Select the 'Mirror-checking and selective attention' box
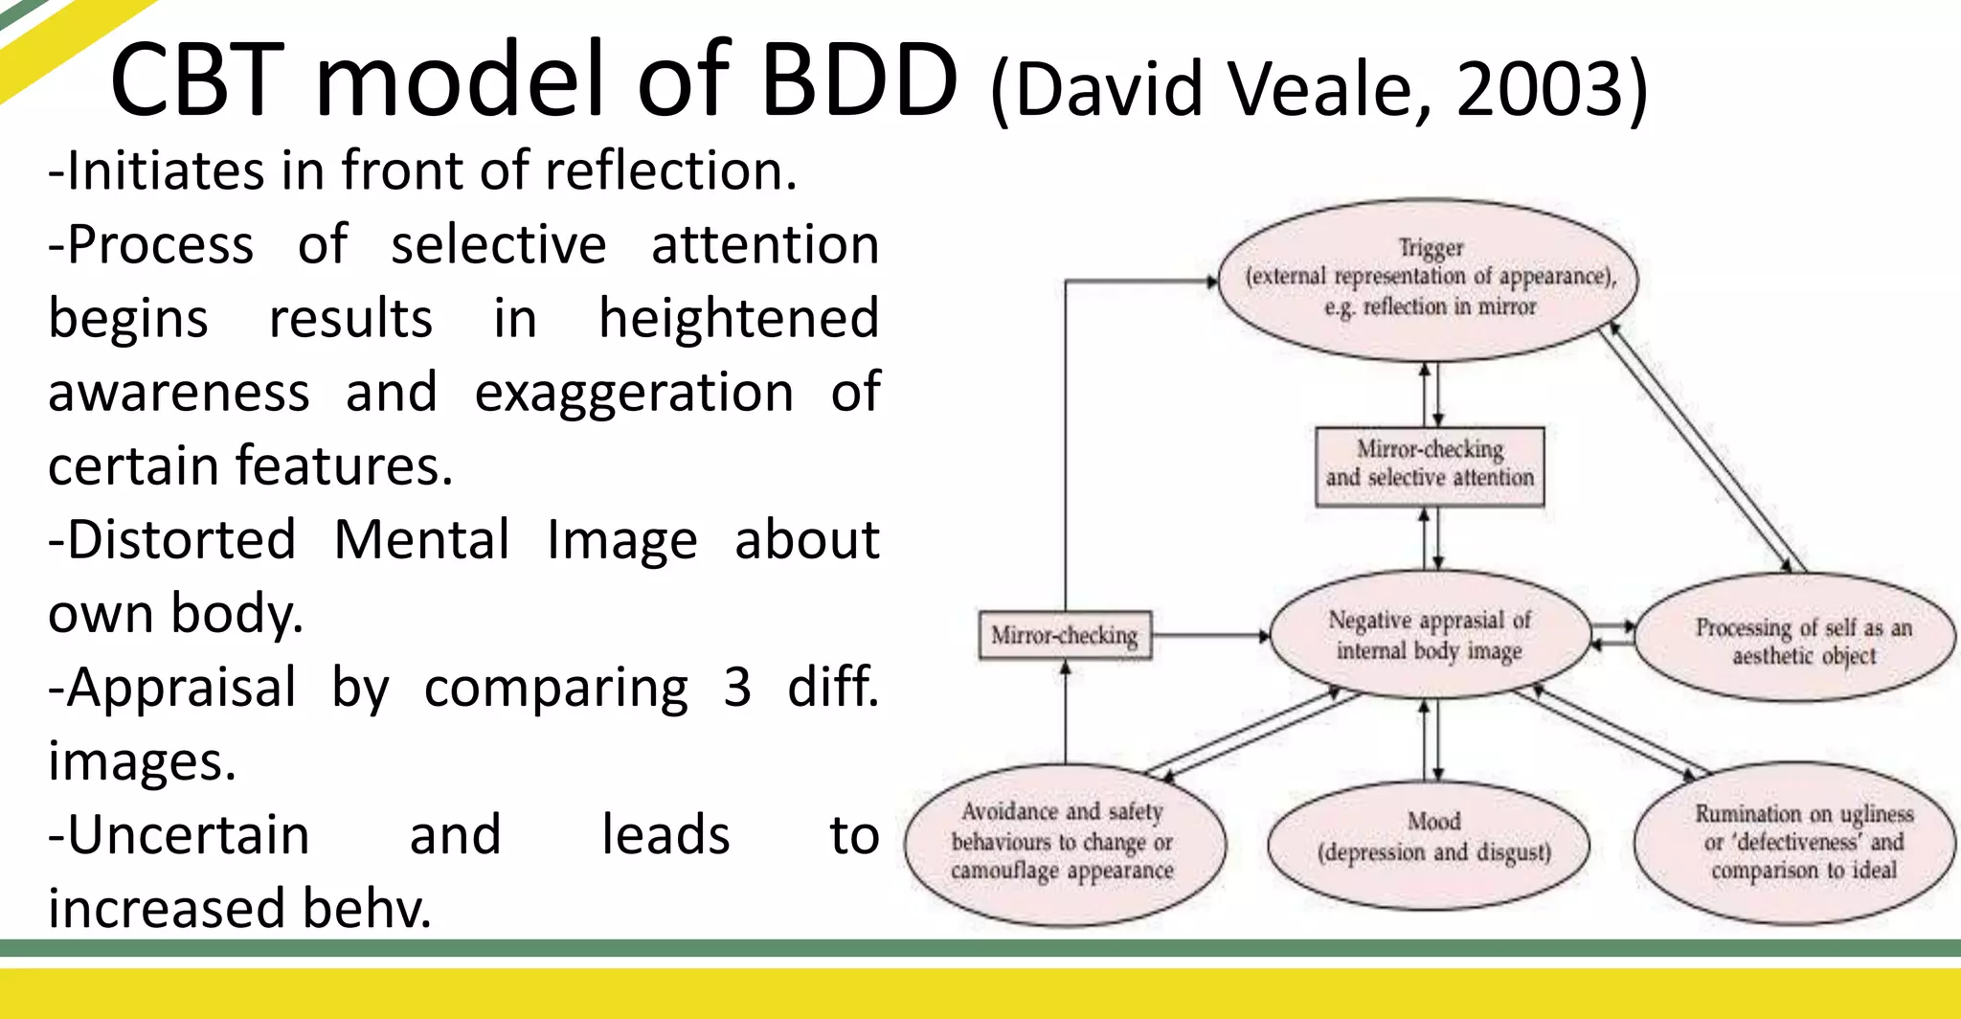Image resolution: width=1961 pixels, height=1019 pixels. pos(1430,465)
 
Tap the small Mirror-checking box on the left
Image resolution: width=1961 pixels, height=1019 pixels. pos(1064,636)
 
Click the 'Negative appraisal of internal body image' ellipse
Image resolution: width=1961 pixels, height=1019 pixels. pos(1430,636)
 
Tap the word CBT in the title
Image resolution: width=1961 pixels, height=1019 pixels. pos(196,80)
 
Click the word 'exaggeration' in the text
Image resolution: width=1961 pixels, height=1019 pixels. pos(633,393)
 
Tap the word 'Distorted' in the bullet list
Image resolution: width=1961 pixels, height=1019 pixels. pos(172,540)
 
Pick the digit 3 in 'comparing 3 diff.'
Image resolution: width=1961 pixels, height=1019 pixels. pos(736,688)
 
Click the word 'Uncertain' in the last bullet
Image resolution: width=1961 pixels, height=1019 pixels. pos(179,835)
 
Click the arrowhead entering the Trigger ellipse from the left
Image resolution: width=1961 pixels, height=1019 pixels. pos(1211,281)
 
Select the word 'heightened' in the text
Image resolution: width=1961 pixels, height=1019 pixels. pos(738,319)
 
